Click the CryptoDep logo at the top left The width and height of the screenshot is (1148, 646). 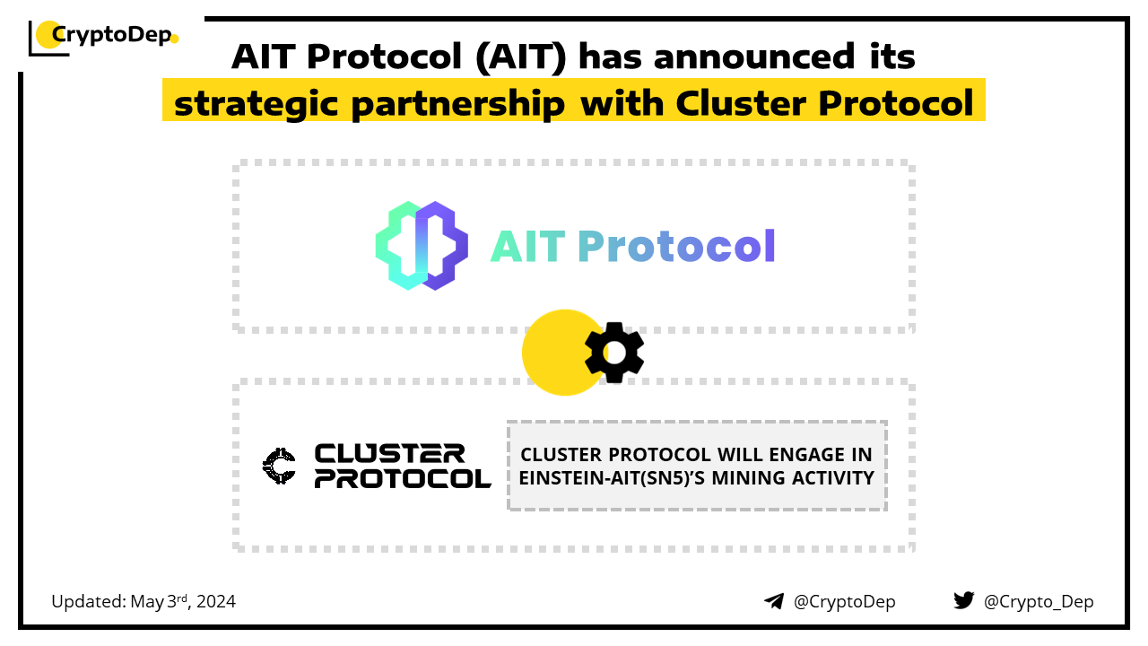[x=103, y=37]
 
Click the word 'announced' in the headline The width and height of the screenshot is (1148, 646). [x=754, y=57]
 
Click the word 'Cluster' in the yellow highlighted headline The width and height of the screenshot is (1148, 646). [x=741, y=103]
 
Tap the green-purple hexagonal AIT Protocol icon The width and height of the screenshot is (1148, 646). [x=422, y=246]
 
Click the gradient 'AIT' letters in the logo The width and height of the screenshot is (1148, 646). [x=528, y=246]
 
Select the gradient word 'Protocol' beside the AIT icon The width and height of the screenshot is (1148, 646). [x=676, y=246]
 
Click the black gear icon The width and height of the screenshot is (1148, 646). [x=614, y=353]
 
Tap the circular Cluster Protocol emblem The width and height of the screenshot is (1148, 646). [x=279, y=466]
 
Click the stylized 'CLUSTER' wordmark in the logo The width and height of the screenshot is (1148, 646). [x=389, y=454]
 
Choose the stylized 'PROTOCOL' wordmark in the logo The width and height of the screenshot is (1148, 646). [x=403, y=478]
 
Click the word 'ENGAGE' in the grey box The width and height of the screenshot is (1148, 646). [x=806, y=455]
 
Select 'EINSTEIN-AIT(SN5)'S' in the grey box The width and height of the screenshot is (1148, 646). [x=612, y=478]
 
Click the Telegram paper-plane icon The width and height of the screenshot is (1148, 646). [x=774, y=601]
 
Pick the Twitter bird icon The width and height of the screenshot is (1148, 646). [x=964, y=600]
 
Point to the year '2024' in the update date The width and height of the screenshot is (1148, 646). [x=216, y=602]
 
